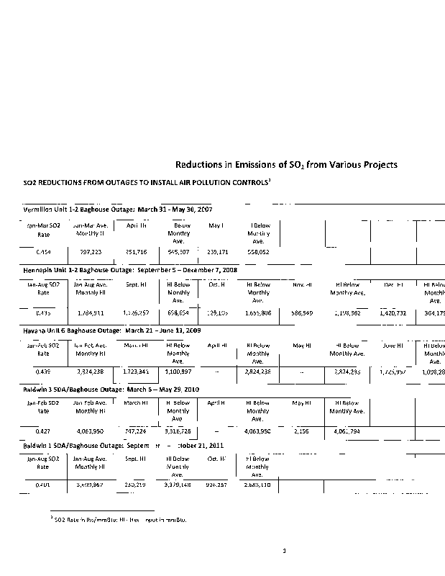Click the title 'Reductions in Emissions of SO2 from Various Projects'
(x=287, y=165)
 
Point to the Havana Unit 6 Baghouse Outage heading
(x=115, y=330)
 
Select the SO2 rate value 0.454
(x=43, y=253)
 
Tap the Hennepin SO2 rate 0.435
(x=43, y=314)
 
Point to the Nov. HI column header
(x=303, y=285)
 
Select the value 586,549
(x=301, y=314)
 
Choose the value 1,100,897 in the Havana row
(x=178, y=372)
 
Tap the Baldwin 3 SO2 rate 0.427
(x=43, y=431)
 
